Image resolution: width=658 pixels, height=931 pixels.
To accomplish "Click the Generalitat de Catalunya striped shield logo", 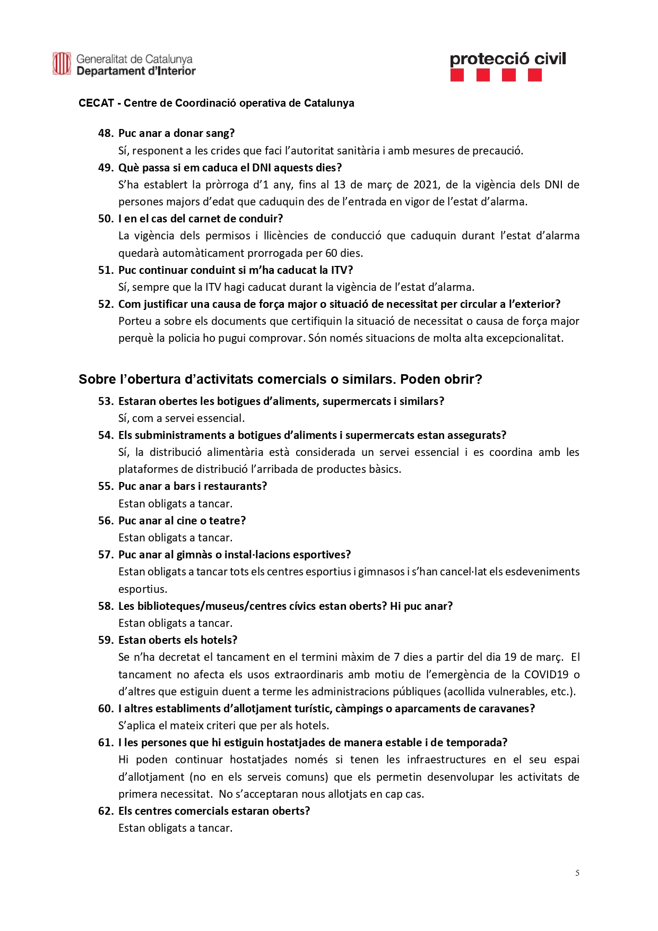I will (62, 64).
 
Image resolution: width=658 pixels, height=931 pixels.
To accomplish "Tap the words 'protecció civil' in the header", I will (507, 59).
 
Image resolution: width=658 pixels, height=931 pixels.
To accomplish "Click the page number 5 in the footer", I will (577, 873).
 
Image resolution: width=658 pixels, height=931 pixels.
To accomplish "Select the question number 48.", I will (105, 133).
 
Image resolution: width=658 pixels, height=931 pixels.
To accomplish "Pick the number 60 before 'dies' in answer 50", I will (332, 253).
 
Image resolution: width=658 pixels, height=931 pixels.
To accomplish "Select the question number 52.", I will (105, 304).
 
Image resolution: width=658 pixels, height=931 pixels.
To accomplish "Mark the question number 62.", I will (105, 811).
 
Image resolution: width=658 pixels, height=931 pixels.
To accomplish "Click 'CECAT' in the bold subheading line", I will (96, 103).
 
